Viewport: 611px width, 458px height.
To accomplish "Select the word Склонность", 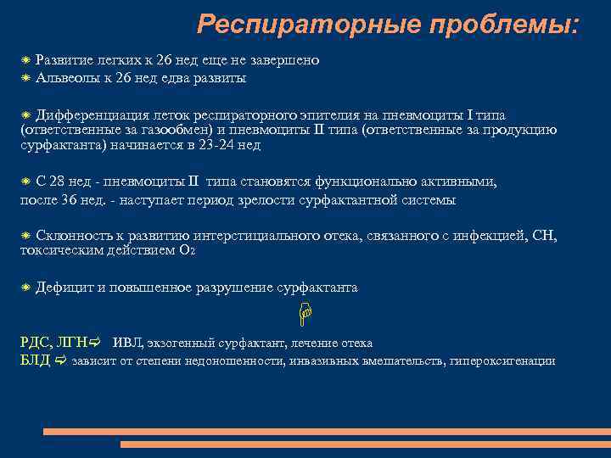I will pyautogui.click(x=71, y=236).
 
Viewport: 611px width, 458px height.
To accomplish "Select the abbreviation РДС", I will pyautogui.click(x=34, y=343).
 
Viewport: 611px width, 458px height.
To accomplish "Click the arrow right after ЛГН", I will pyautogui.click(x=94, y=343).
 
